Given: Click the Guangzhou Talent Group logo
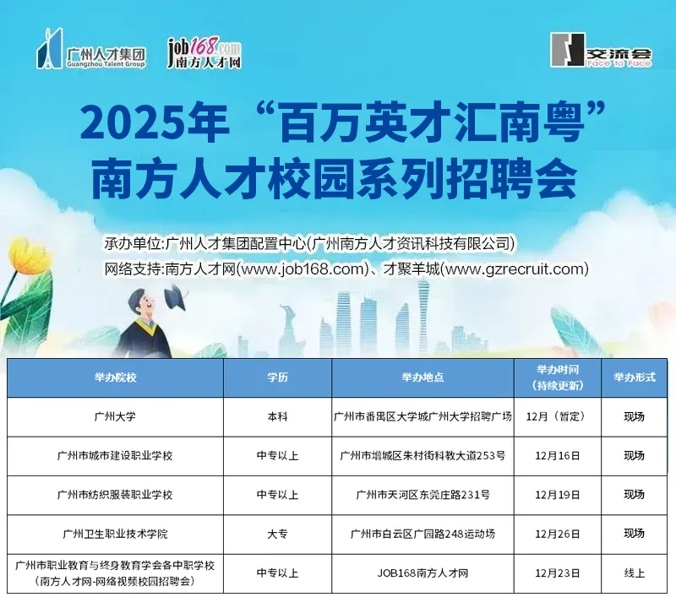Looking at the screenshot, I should pyautogui.click(x=91, y=52).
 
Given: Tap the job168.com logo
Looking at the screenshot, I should pyautogui.click(x=204, y=53).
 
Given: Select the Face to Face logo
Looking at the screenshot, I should pyautogui.click(x=601, y=52).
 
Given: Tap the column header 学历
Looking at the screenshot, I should pyautogui.click(x=277, y=377).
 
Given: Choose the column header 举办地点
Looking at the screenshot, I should pyautogui.click(x=422, y=377).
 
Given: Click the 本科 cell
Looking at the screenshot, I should pyautogui.click(x=277, y=416).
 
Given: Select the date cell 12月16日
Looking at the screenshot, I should pyautogui.click(x=558, y=456).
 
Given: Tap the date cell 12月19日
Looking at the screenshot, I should pyautogui.click(x=558, y=495).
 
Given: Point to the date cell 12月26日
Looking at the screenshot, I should pyautogui.click(x=558, y=534).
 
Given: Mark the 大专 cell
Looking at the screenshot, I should pyautogui.click(x=277, y=534).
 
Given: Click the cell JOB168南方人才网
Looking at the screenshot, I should pyautogui.click(x=422, y=573).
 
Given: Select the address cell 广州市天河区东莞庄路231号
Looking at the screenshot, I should pyautogui.click(x=422, y=495).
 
